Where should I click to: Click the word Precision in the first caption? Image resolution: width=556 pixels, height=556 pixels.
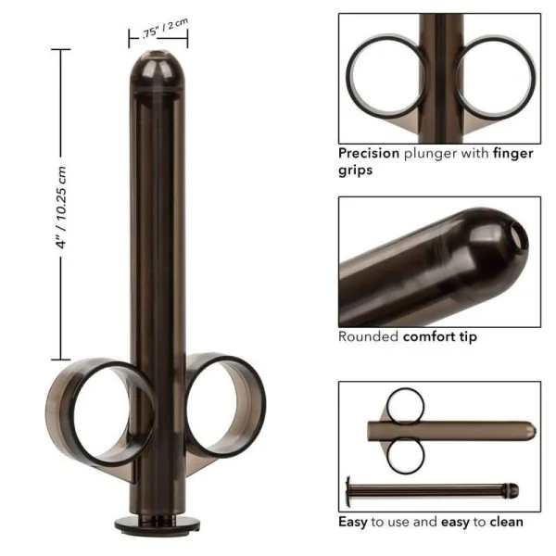coord(369,154)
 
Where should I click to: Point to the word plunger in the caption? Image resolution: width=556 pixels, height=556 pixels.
coord(430,154)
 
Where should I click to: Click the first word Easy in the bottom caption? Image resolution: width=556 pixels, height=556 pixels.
coord(352,523)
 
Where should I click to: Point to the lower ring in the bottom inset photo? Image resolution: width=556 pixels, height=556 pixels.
coord(406,455)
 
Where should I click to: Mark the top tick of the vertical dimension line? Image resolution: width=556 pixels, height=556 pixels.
coord(62,50)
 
